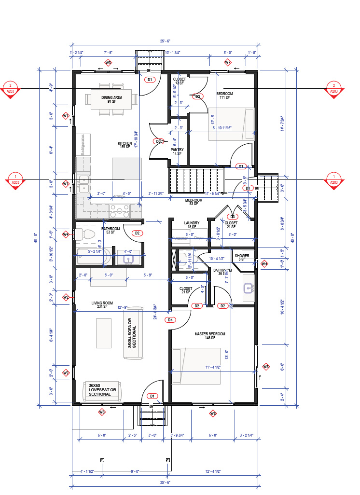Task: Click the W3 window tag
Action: point(108,63)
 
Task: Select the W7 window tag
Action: point(228,63)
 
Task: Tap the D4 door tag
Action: point(170,319)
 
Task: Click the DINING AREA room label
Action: point(111,99)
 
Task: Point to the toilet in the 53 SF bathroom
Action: point(89,235)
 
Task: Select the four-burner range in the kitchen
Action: point(118,210)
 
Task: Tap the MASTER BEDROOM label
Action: point(209,336)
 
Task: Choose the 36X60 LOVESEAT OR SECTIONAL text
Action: point(102,389)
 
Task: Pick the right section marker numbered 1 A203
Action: point(333,179)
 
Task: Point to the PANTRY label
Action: point(177,151)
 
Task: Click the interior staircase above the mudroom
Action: point(196,179)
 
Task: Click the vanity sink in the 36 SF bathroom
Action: point(249,289)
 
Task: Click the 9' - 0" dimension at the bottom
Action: point(135,471)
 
